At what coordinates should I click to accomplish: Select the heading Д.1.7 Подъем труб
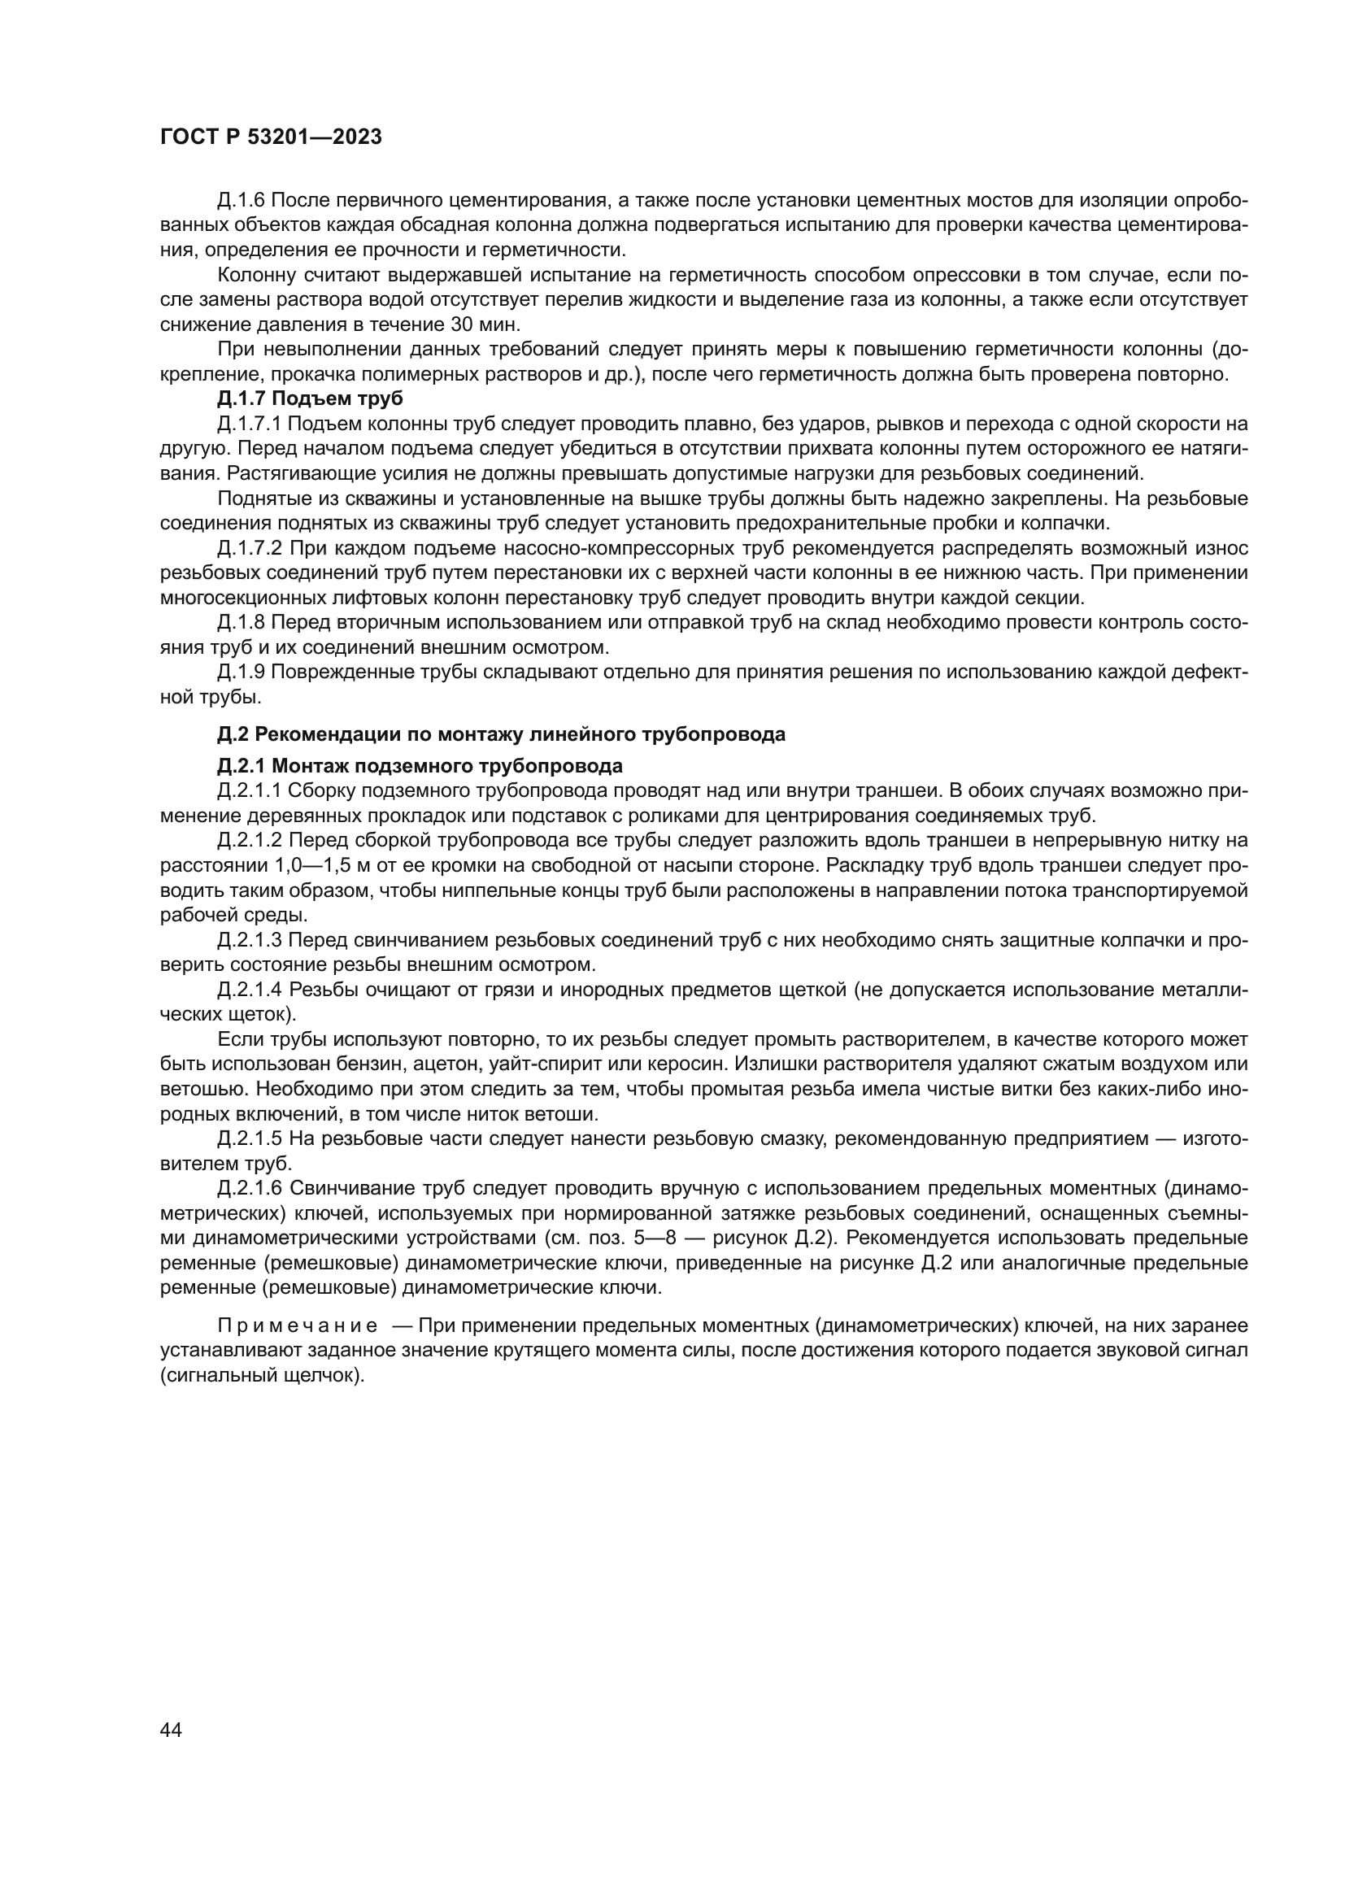pyautogui.click(x=310, y=398)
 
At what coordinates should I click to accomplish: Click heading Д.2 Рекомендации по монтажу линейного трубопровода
pyautogui.click(x=501, y=734)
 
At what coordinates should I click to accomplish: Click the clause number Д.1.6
pyautogui.click(x=241, y=201)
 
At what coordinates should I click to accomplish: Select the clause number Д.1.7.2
pyautogui.click(x=250, y=548)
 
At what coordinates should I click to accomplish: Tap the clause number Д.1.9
pyautogui.click(x=241, y=672)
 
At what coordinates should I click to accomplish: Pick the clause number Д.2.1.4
pyautogui.click(x=250, y=990)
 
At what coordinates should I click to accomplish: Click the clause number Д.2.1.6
pyautogui.click(x=250, y=1189)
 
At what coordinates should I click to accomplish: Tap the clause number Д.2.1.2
pyautogui.click(x=250, y=841)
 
